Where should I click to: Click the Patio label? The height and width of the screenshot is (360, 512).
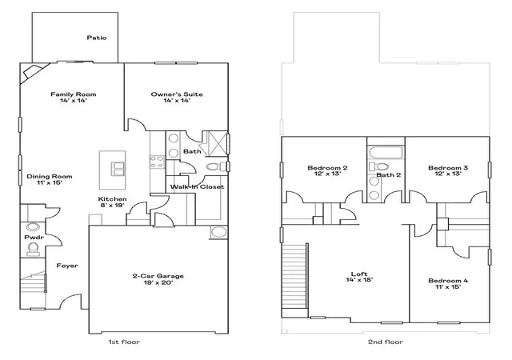[97, 38]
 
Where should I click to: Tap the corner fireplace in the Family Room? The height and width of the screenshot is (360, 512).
[33, 73]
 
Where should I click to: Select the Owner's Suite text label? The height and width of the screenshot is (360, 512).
[177, 94]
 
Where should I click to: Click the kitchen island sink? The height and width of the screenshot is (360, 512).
[118, 169]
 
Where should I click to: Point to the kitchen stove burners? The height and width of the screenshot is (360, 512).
[157, 162]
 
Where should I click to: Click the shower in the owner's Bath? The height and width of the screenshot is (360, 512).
[215, 142]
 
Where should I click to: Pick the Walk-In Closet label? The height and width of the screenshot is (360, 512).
[197, 187]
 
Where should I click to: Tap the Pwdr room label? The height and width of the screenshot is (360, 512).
[34, 237]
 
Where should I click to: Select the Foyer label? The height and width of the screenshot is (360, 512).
[67, 266]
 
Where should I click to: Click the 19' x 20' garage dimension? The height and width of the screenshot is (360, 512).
[158, 282]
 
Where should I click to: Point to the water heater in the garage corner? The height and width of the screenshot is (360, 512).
[218, 232]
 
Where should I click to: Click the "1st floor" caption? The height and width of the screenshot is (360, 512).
[124, 342]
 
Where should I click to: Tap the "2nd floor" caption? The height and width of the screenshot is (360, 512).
[386, 342]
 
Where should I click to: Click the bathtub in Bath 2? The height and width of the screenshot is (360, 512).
[386, 153]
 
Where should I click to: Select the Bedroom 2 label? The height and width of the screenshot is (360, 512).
[327, 168]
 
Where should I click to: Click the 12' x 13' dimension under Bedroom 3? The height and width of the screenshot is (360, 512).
[448, 174]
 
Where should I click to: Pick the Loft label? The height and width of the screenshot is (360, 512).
[359, 274]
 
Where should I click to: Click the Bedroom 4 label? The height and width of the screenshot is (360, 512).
[448, 281]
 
